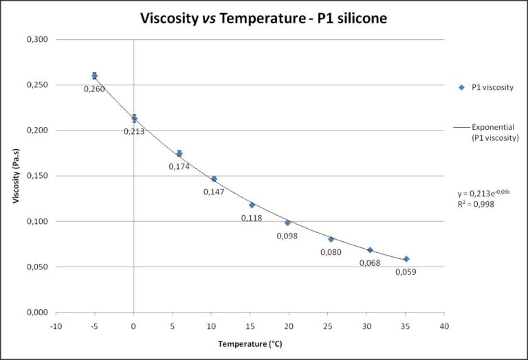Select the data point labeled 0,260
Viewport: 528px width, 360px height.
pos(94,76)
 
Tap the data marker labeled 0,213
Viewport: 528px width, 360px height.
pos(134,118)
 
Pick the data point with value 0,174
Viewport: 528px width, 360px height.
pos(179,154)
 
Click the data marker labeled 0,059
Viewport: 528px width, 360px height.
pos(406,259)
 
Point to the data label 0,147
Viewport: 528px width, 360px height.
pos(213,192)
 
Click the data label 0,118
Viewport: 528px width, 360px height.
pos(252,218)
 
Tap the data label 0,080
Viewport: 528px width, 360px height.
pos(331,252)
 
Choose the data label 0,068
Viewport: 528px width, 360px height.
pos(368,262)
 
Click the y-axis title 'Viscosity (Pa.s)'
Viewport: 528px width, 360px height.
pos(16,176)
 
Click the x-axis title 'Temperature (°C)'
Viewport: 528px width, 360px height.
pos(250,343)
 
